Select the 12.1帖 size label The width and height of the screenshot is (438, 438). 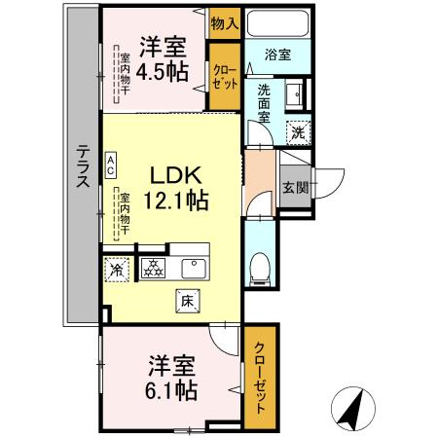coord(175,200)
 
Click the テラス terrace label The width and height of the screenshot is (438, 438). coord(83,168)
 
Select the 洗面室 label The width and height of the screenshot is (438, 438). coord(263,103)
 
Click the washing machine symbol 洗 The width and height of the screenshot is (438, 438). coord(298,128)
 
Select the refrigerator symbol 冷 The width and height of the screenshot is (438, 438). coord(117,268)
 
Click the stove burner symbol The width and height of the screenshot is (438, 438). coord(153,268)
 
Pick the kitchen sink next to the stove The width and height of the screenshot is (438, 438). coord(195,267)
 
